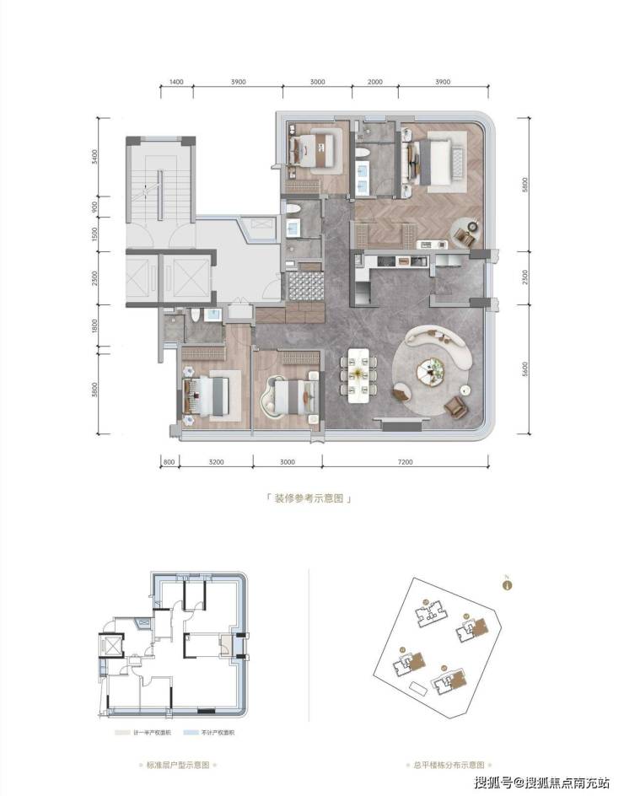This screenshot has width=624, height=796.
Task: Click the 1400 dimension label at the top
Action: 176,82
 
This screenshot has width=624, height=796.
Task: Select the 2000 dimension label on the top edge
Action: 375,82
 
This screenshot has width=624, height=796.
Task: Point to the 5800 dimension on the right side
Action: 524,183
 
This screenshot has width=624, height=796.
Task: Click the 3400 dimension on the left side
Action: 97,157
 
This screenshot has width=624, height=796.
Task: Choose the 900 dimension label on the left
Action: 97,206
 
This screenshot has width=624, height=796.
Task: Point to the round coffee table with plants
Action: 434,368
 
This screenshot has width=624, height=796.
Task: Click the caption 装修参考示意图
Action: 307,498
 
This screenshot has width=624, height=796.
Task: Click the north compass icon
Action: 508,584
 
